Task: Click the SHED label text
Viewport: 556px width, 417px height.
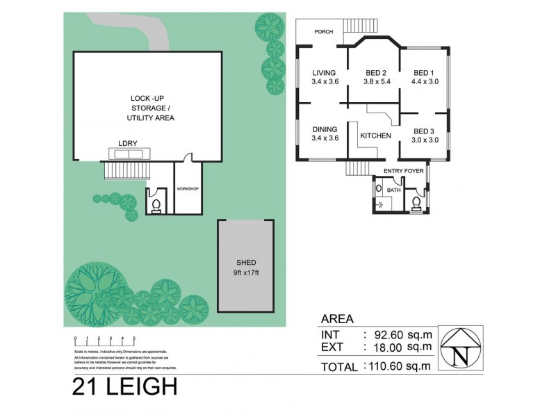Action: [x=246, y=262]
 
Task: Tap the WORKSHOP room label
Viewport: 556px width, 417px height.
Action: [x=188, y=189]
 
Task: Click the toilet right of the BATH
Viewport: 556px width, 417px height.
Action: [x=416, y=202]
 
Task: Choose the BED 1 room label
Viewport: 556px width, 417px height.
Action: [x=423, y=73]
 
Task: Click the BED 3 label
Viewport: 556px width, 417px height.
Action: [x=423, y=131]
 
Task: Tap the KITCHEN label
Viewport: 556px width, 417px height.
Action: [x=375, y=136]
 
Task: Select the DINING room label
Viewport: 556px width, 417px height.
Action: [x=325, y=129]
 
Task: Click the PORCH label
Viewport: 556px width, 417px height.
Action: [x=323, y=32]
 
